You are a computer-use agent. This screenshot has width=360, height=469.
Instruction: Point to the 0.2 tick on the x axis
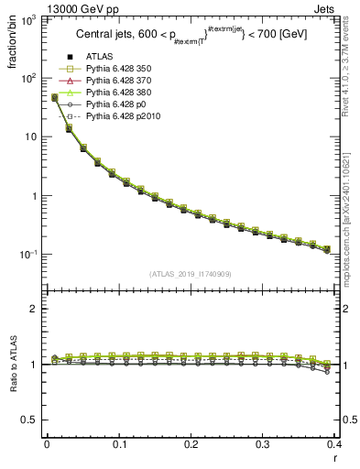pyautogui.click(x=191, y=443)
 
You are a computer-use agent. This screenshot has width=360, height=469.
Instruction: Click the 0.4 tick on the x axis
pyautogui.click(x=334, y=443)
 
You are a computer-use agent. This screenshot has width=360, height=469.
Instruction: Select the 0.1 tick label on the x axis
pyautogui.click(x=118, y=443)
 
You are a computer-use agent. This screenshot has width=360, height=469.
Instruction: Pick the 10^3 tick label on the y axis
pyautogui.click(x=27, y=19)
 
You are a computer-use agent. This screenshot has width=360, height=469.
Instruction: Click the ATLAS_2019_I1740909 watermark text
pyautogui.click(x=191, y=274)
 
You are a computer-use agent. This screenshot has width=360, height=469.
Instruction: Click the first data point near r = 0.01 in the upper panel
pyautogui.click(x=54, y=97)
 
